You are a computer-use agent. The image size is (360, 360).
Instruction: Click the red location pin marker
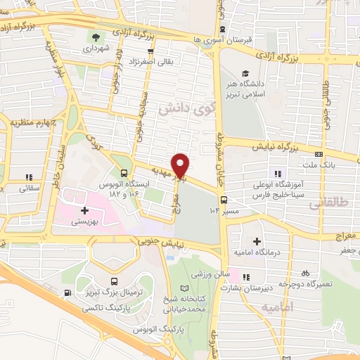pyautogui.click(x=181, y=165)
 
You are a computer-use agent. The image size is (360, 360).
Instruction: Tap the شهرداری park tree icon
pyautogui.click(x=94, y=37)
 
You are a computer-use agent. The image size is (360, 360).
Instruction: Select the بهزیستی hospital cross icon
pyautogui.click(x=85, y=210)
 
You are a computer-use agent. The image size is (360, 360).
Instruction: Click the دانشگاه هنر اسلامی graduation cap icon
pyautogui.click(x=245, y=74)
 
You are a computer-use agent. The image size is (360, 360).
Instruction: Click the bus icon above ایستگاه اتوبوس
pyautogui.click(x=124, y=173)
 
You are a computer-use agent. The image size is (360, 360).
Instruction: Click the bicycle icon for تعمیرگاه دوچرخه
pyautogui.click(x=304, y=272)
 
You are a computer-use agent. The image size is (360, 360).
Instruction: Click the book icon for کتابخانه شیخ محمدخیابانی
pyautogui.click(x=184, y=289)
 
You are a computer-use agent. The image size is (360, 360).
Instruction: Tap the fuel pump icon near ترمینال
pyautogui.click(x=67, y=294)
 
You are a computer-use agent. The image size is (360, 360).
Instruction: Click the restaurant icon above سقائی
pyautogui.click(x=29, y=176)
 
